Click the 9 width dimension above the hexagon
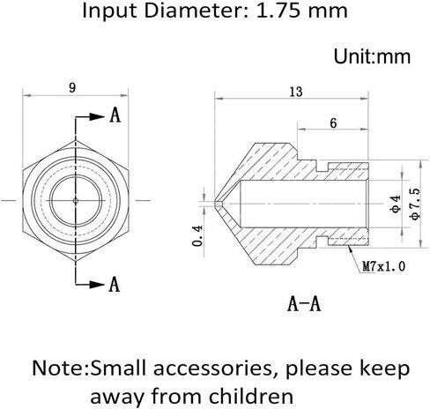[x=72, y=88]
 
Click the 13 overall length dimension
[x=296, y=92]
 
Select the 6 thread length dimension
[x=333, y=123]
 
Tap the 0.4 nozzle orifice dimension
[x=197, y=235]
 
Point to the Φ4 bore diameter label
[x=396, y=204]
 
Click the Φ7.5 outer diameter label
[x=416, y=204]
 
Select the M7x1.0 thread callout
[x=384, y=266]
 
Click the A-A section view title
[x=304, y=303]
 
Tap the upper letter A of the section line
[x=115, y=115]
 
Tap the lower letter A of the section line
[x=115, y=284]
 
